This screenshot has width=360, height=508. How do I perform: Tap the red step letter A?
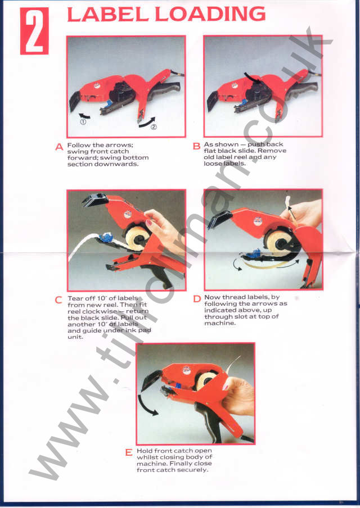(59, 147)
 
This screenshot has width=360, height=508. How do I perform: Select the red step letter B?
(196, 147)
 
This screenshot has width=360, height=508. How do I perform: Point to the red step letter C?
(59, 300)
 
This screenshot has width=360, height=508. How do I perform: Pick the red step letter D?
(197, 300)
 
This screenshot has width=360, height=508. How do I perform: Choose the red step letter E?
(129, 453)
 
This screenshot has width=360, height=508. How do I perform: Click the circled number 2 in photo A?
(153, 126)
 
